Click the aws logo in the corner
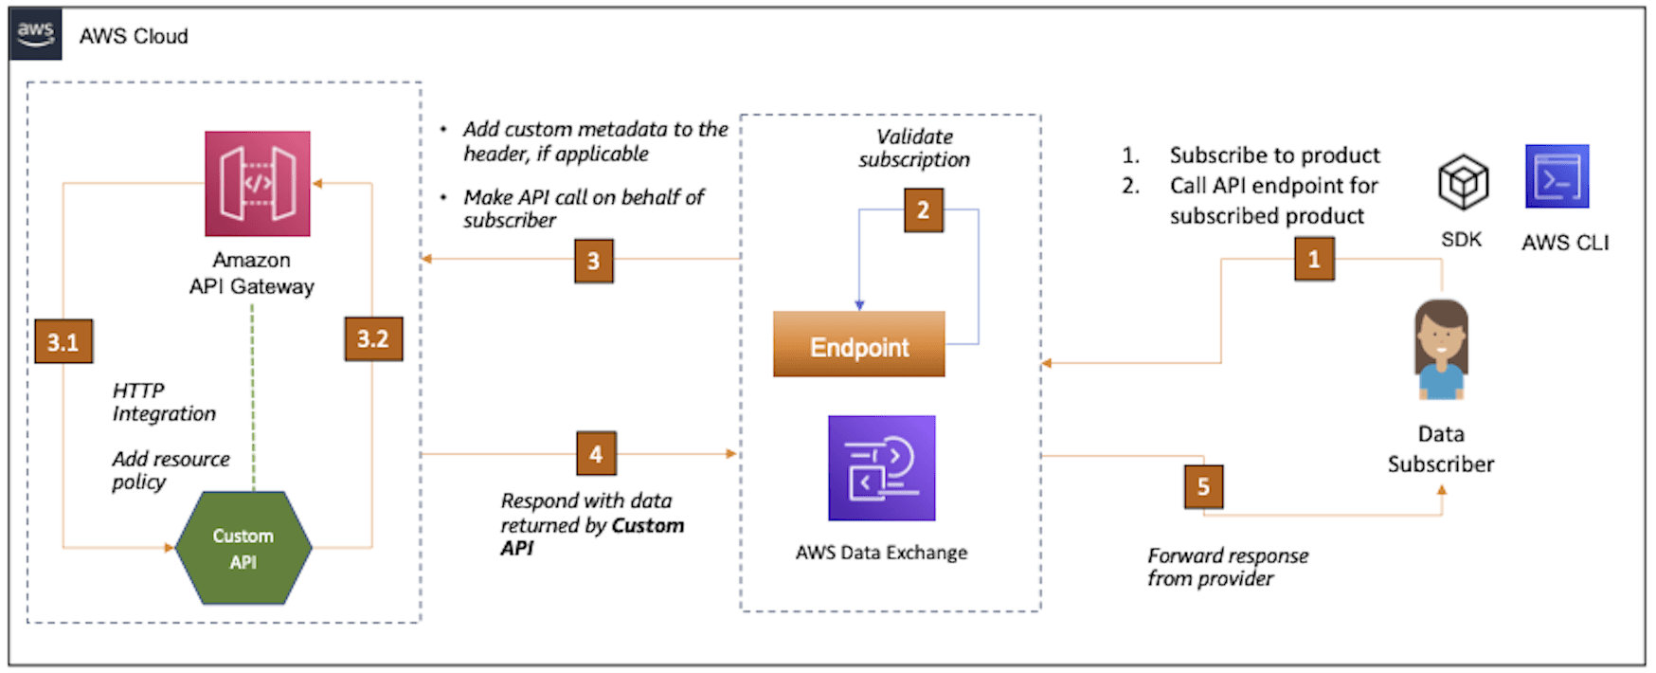pos(35,34)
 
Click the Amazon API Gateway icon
pos(258,183)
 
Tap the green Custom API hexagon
pos(243,548)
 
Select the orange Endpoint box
pos(858,345)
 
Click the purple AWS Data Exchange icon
pos(881,468)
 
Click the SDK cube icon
pos(1463,182)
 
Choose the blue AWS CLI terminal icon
pos(1557,176)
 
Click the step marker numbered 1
pos(1314,259)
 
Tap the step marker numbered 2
pos(923,209)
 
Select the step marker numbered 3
pos(594,261)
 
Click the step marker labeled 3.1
pos(63,341)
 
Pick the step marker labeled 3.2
pos(372,338)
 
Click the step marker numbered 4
pos(596,453)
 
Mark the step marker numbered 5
pos(1203,486)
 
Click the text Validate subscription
pos(914,149)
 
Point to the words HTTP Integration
pos(163,402)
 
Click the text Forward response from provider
pos(1227,567)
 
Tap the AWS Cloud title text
pos(134,36)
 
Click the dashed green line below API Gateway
pos(253,398)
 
